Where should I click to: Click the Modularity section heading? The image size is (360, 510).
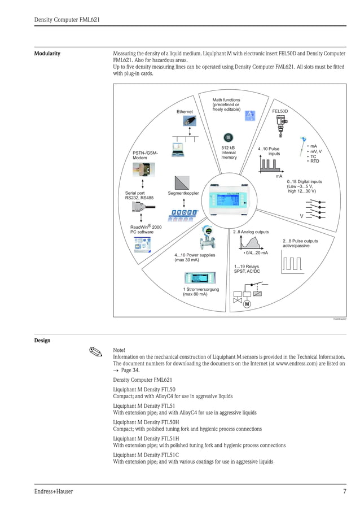click(47, 54)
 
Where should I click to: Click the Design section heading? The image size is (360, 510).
click(42, 340)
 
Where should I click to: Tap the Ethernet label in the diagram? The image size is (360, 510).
click(185, 112)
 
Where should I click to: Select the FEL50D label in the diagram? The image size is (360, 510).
click(280, 111)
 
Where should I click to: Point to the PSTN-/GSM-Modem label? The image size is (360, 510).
click(145, 155)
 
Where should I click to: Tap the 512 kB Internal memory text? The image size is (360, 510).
click(229, 152)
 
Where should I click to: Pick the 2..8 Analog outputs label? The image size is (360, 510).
click(251, 232)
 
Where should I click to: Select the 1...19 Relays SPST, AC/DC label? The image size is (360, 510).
click(247, 269)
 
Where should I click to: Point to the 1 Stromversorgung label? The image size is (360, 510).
click(200, 292)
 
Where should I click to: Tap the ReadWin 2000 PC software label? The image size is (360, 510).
click(146, 229)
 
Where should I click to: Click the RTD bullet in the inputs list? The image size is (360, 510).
click(314, 161)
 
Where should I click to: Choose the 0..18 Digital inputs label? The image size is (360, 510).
click(304, 186)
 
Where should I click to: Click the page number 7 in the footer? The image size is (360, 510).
click(344, 491)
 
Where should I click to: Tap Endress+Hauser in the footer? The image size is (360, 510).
click(54, 491)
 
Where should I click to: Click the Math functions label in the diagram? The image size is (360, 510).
click(226, 104)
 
